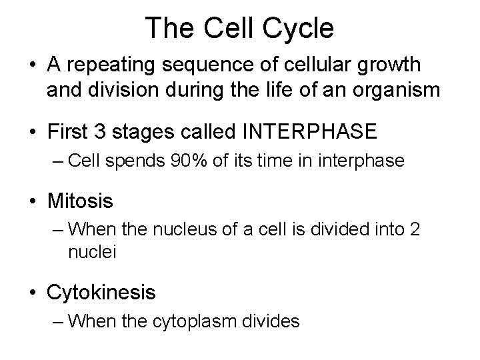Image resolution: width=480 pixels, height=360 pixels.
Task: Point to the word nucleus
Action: click(193, 229)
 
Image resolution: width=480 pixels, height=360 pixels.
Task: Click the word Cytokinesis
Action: click(101, 292)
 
